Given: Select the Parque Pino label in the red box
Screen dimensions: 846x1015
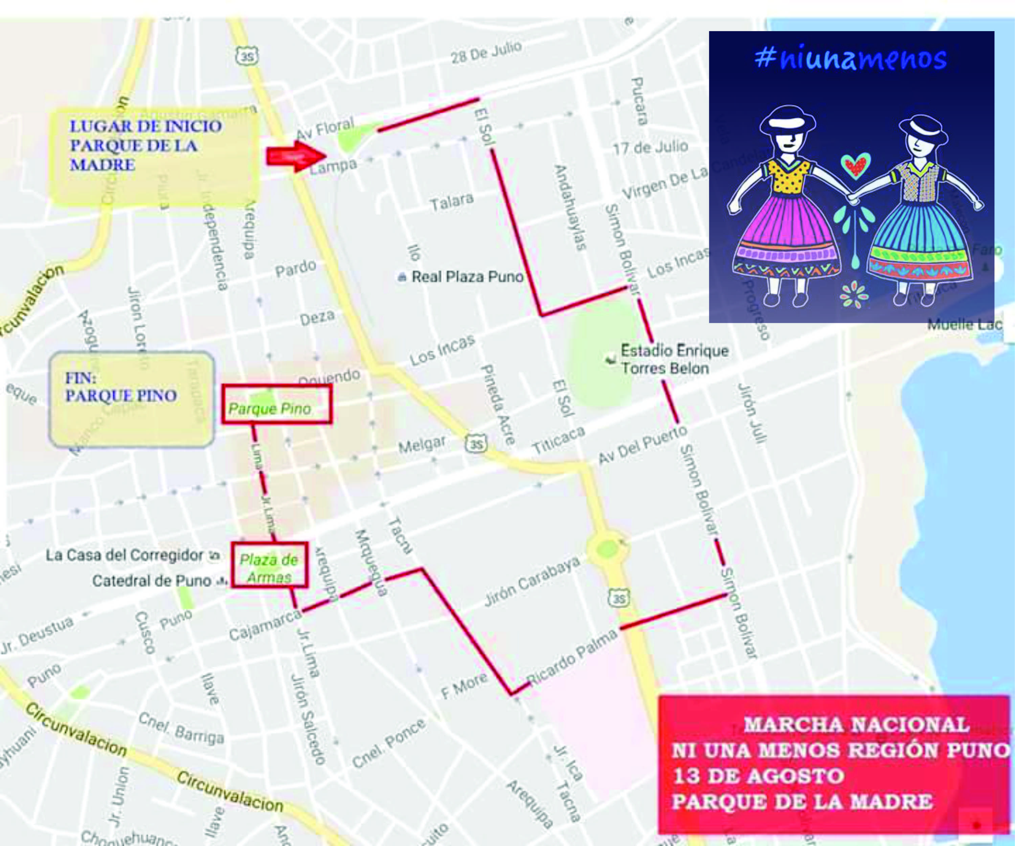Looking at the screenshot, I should (270, 409).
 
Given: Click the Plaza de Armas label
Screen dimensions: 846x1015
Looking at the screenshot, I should (269, 568).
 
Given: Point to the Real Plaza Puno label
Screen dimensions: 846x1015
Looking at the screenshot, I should (467, 277).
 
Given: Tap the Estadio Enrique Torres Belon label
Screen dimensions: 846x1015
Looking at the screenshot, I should (674, 359).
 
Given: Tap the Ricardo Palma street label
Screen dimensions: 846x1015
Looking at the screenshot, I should (573, 657).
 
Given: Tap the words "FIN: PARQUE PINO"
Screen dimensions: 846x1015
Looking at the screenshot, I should (121, 387).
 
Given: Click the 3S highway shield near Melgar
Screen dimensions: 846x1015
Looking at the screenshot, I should (476, 444).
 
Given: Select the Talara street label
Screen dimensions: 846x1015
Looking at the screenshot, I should (452, 202).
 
